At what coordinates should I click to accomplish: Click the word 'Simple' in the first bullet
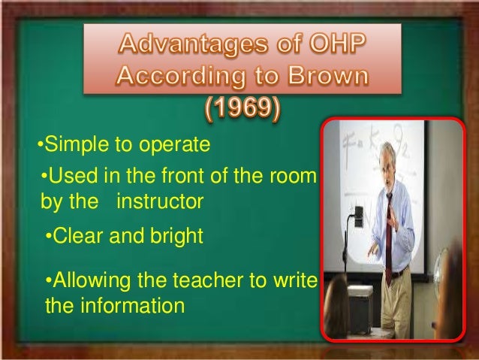click(x=71, y=143)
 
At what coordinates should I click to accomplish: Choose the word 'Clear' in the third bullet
click(x=77, y=237)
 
